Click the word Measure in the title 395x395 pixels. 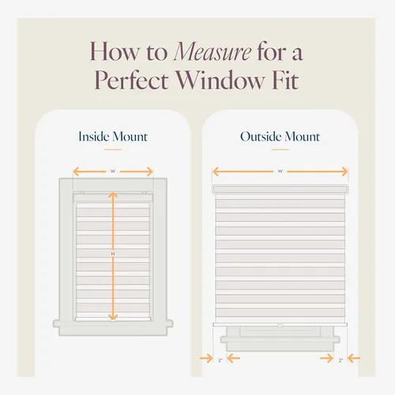point(213,52)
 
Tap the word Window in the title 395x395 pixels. point(220,80)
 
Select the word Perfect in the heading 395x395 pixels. point(131,80)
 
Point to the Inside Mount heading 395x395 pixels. point(113,137)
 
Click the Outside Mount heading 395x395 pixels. point(280,137)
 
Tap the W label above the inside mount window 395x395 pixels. point(113,171)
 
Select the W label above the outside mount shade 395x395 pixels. point(280,171)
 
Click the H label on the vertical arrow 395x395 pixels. point(113,254)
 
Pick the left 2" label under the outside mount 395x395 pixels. point(220,360)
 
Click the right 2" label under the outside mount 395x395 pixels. point(340,360)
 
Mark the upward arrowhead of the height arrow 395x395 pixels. point(113,195)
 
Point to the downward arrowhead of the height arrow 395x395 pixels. point(113,317)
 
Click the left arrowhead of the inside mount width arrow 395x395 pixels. point(76,171)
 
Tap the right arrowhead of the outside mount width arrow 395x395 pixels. point(344,171)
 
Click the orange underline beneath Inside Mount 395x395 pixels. point(113,149)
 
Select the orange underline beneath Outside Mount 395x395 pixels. point(280,149)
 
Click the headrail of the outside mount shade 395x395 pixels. point(280,189)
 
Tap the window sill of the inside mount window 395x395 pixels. point(113,324)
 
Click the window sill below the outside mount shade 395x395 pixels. point(280,340)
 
